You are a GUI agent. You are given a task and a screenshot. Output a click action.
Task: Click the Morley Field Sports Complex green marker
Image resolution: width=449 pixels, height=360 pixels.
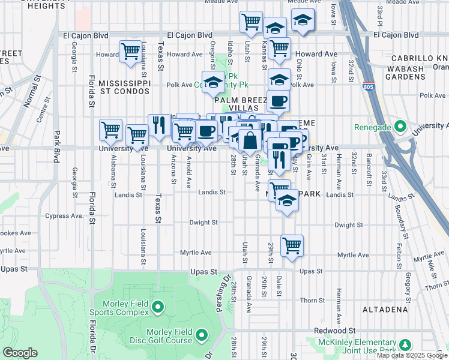point(158,307)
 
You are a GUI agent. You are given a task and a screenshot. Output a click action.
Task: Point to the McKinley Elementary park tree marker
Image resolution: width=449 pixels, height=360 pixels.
point(406,345)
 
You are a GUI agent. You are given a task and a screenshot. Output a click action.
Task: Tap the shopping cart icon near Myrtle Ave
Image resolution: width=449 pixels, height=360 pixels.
point(292,245)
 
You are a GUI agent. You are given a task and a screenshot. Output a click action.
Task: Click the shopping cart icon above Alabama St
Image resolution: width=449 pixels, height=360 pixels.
point(110,129)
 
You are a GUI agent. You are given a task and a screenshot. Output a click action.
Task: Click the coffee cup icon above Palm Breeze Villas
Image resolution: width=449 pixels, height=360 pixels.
point(278,101)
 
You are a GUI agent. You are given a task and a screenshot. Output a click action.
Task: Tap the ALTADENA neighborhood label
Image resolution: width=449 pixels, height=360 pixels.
point(385,310)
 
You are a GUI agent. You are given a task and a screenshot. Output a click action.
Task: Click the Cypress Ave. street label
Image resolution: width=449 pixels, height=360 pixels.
point(64,216)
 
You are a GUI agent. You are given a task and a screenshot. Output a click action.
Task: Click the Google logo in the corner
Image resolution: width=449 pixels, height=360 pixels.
point(20,353)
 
